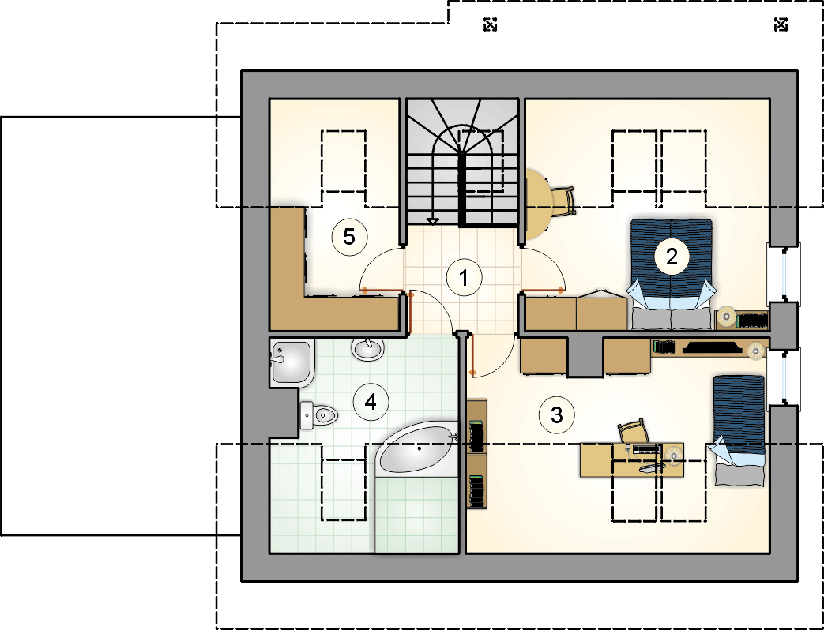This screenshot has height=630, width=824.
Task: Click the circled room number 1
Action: pyautogui.click(x=464, y=278)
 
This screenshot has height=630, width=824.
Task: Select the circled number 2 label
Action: pyautogui.click(x=672, y=257)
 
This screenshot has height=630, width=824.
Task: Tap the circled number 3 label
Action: pyautogui.click(x=557, y=415)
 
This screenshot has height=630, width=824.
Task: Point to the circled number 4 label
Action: pyautogui.click(x=371, y=403)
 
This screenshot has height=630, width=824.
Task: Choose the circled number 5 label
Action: pyautogui.click(x=349, y=237)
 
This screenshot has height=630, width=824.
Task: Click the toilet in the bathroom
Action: pyautogui.click(x=318, y=416)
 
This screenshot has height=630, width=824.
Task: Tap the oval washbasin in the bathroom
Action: pyautogui.click(x=368, y=349)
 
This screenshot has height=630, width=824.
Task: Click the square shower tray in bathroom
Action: pyautogui.click(x=292, y=363)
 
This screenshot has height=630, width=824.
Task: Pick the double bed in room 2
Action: pyautogui.click(x=671, y=274)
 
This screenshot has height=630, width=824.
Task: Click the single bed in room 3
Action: pyautogui.click(x=738, y=430)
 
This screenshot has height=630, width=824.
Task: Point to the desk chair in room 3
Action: pyautogui.click(x=634, y=431)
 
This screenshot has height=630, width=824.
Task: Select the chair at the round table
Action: pyautogui.click(x=563, y=201)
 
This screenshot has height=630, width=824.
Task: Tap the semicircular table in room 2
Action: pyautogui.click(x=539, y=204)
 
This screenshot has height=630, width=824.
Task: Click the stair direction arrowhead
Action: pyautogui.click(x=432, y=222)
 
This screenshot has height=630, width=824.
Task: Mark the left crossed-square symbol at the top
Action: pyautogui.click(x=490, y=24)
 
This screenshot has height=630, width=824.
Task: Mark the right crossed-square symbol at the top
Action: pyautogui.click(x=781, y=24)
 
